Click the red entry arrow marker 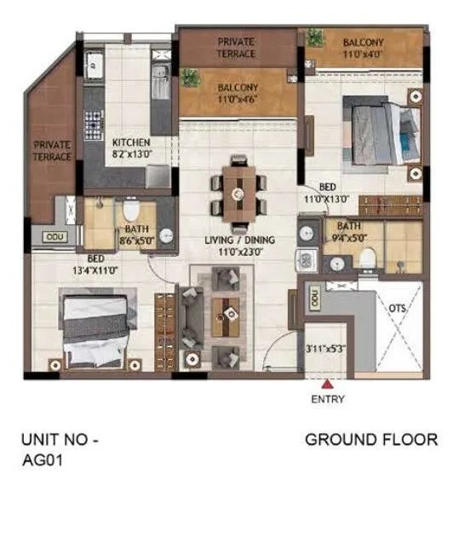[328, 384]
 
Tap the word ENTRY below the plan [328, 399]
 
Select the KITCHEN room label [132, 142]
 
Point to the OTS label [398, 309]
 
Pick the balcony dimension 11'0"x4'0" [364, 55]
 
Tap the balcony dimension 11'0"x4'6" [238, 101]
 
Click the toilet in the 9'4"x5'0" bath [366, 256]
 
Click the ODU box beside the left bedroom [55, 236]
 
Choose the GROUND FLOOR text [371, 440]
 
